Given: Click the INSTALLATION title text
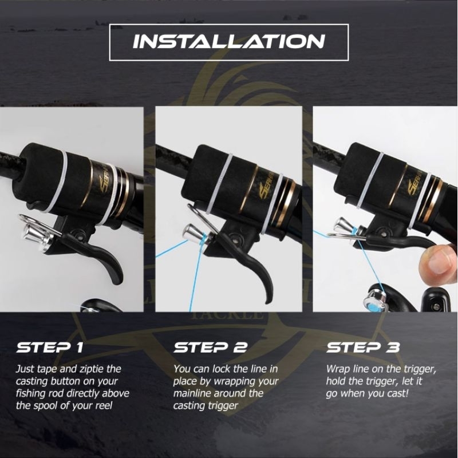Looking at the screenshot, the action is pyautogui.click(x=228, y=42).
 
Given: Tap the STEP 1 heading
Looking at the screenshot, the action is pyautogui.click(x=50, y=348).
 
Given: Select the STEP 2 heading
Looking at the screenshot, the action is pyautogui.click(x=210, y=348).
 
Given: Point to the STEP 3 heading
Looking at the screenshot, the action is pyautogui.click(x=363, y=348).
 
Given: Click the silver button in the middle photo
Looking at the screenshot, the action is pyautogui.click(x=194, y=233).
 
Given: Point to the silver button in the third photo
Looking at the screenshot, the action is pyautogui.click(x=344, y=226).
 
